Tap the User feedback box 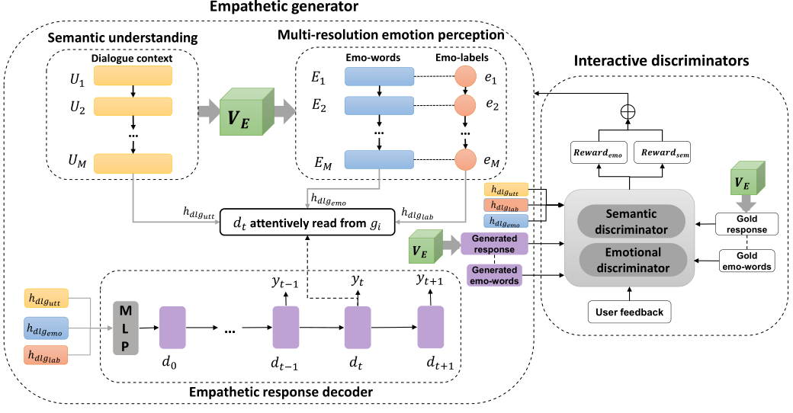[629, 311]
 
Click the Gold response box [746, 223]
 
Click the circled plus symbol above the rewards [629, 110]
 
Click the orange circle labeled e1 [465, 77]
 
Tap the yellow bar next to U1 [133, 76]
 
